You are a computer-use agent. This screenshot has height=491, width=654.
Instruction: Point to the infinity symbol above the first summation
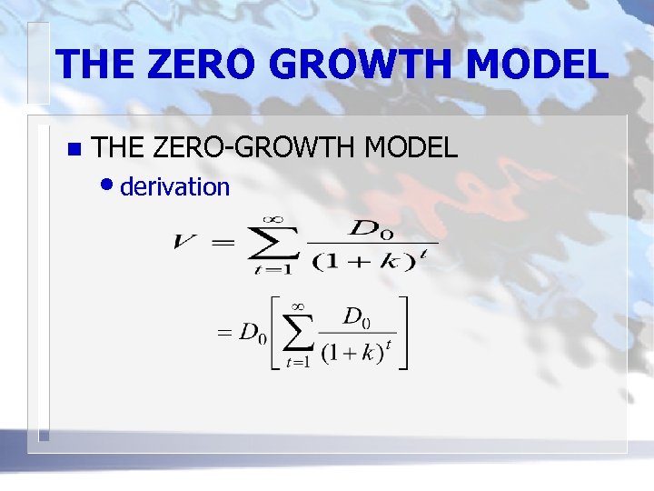click(272, 219)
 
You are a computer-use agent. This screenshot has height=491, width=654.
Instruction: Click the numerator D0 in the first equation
click(373, 228)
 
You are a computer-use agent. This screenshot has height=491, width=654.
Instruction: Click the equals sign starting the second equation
click(223, 333)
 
